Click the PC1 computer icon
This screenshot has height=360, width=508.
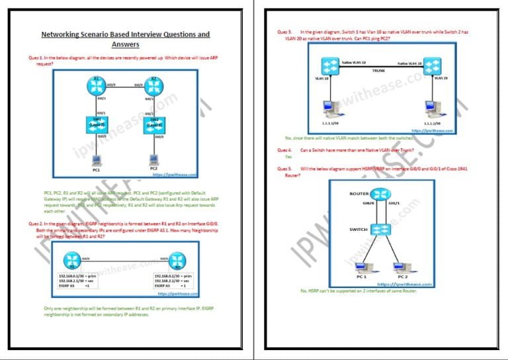pos(97,160)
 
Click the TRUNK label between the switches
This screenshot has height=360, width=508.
pos(378,70)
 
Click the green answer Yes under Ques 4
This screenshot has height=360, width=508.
pos(288,157)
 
